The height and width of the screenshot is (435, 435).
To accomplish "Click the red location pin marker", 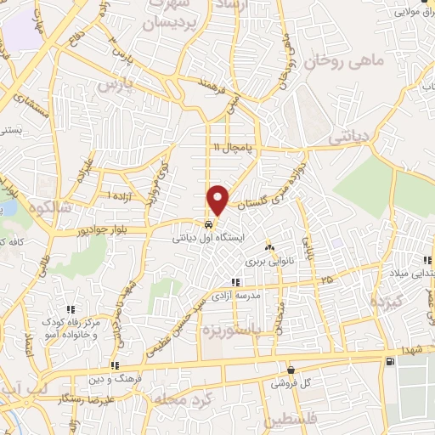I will [218, 199].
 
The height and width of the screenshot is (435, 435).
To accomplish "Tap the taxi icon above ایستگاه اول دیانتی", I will [209, 225].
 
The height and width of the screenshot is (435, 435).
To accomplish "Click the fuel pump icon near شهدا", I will [389, 362].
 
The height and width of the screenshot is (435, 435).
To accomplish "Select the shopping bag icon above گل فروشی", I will [291, 370].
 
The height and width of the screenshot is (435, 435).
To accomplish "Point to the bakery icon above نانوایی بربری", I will [269, 247].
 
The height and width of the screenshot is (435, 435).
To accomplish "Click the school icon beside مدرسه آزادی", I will [235, 283].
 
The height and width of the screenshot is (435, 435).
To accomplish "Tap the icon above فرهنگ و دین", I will [114, 364].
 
